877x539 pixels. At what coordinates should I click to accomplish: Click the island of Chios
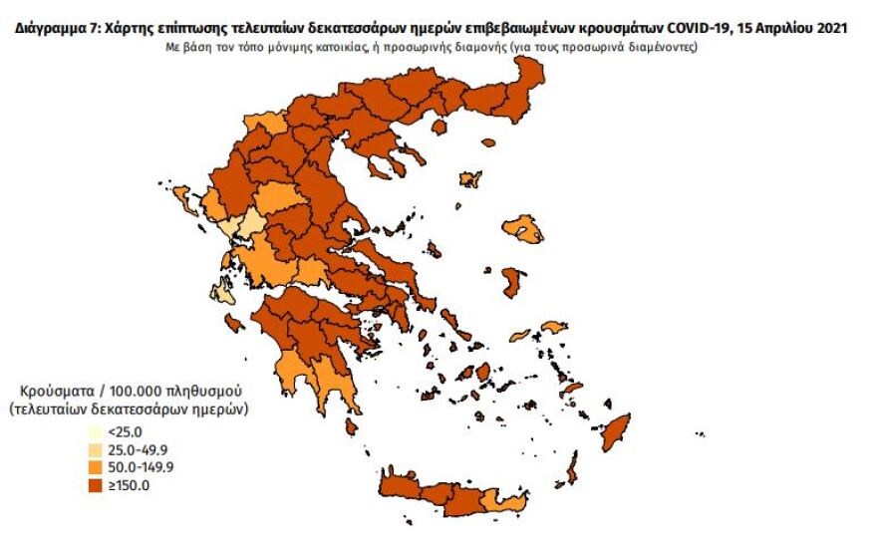click(x=514, y=282)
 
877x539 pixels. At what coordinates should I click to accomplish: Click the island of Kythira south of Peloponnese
click(x=351, y=427)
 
